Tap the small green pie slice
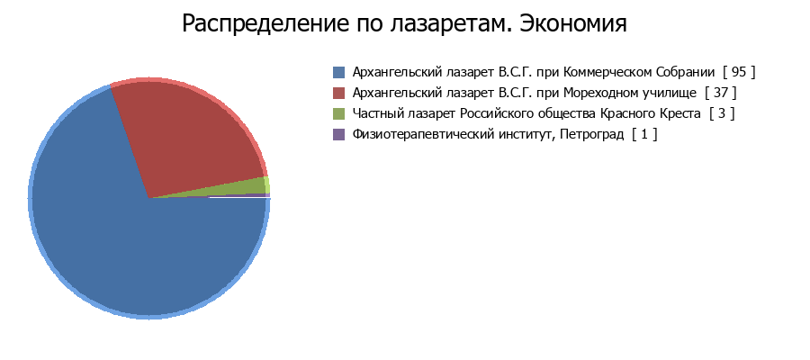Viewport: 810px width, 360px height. coord(248,187)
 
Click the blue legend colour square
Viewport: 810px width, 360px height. coord(339,72)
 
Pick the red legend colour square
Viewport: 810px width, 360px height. coord(339,93)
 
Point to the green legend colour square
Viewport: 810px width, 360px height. coord(339,113)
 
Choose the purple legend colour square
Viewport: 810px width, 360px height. coord(339,134)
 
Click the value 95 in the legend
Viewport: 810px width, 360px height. coord(739,72)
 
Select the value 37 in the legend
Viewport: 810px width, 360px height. coord(721,93)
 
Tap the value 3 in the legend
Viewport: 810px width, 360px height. coord(722,113)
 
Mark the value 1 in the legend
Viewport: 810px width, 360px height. coord(643,134)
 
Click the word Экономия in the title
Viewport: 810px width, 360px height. coord(573,23)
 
